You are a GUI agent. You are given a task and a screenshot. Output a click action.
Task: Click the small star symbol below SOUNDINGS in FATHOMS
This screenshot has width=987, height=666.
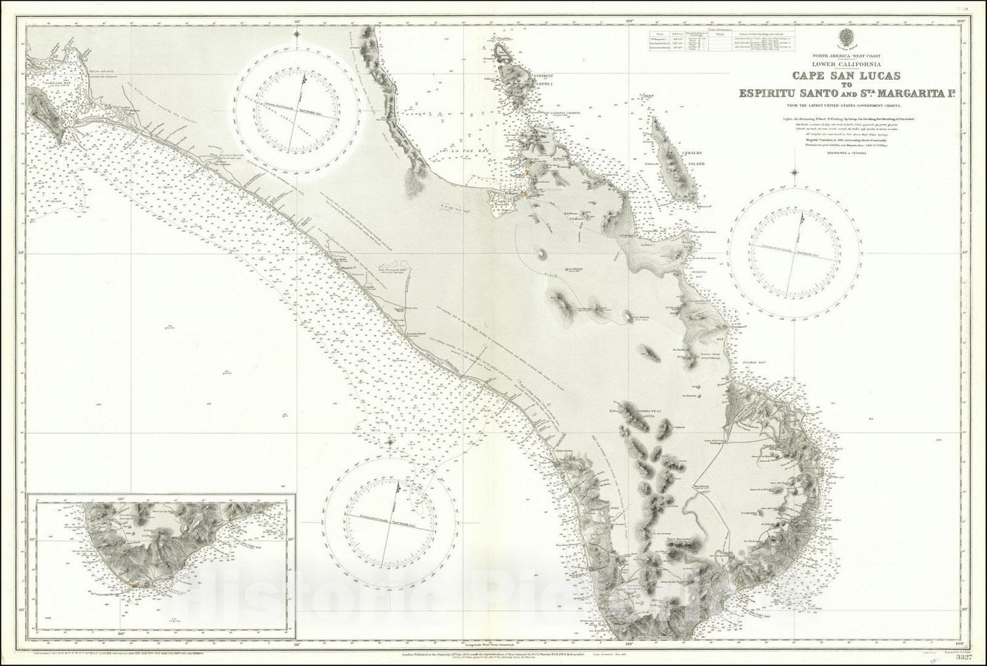796,174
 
